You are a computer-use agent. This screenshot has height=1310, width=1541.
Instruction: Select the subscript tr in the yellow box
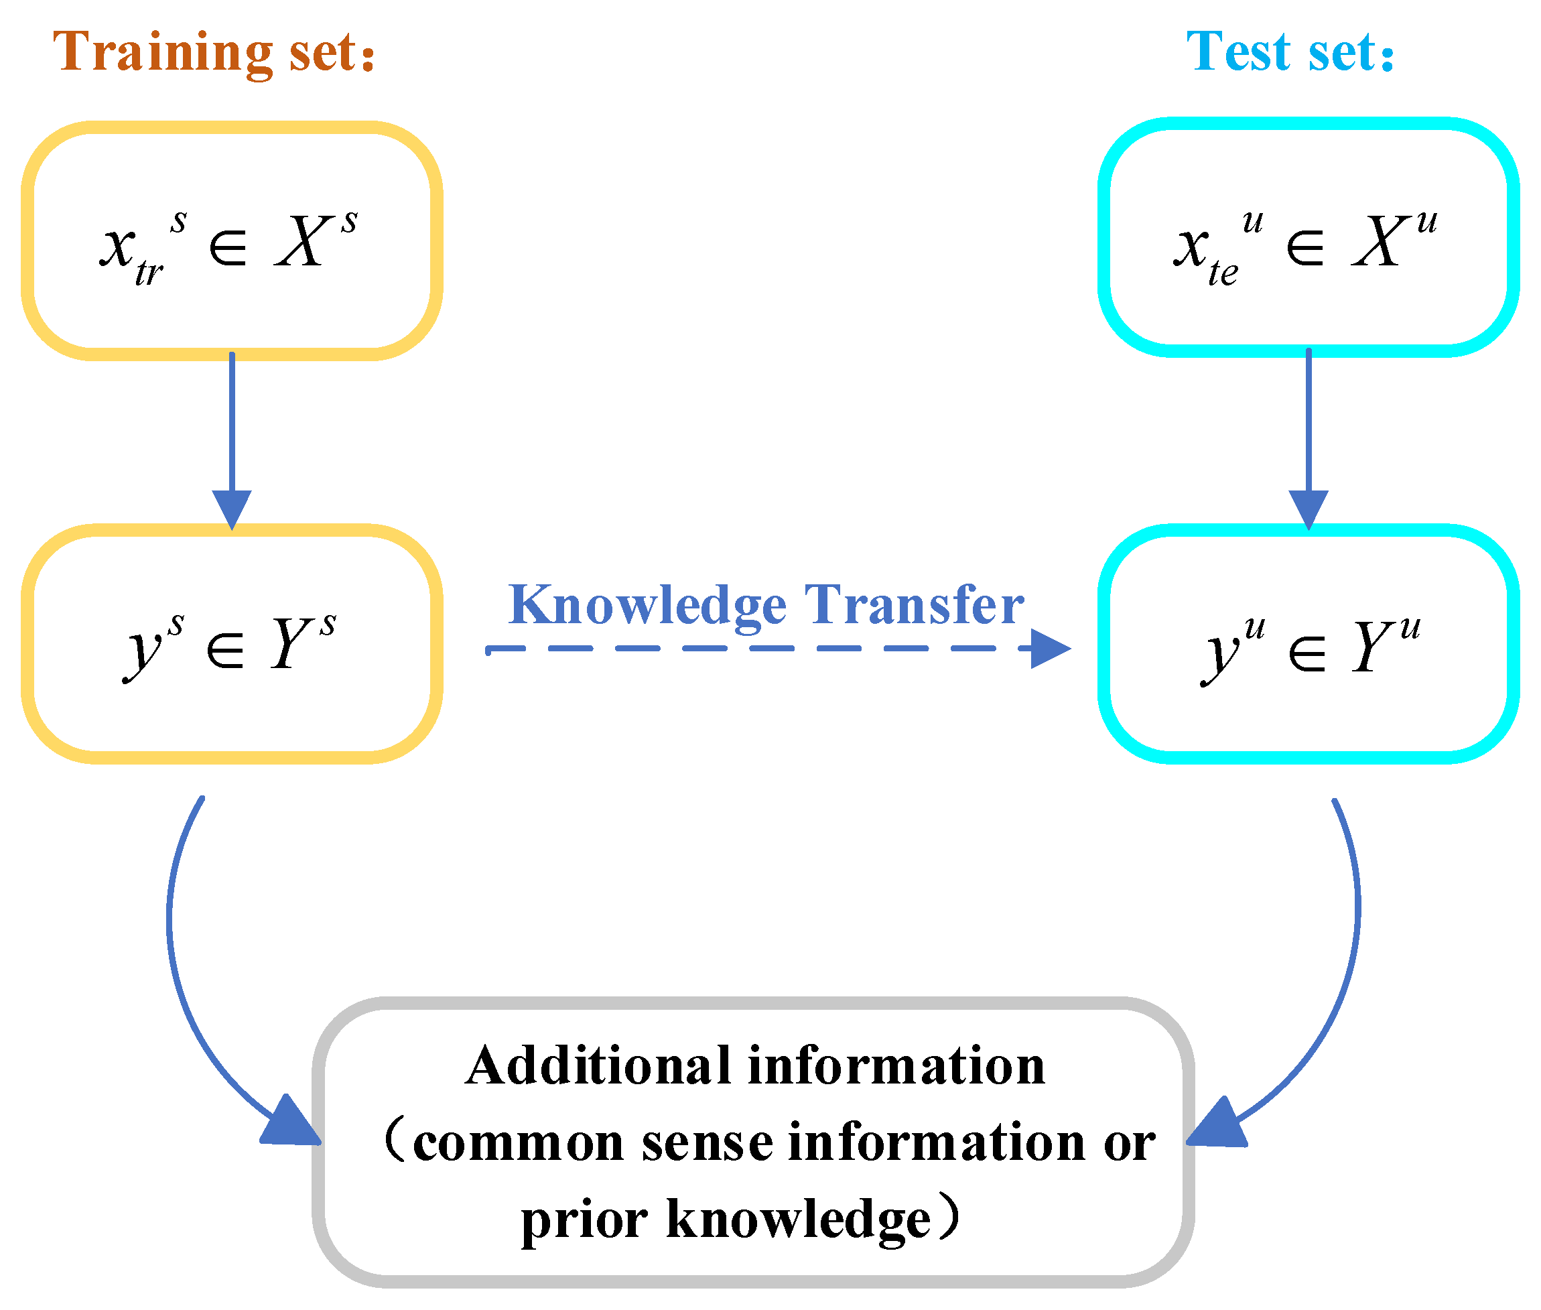pos(149,273)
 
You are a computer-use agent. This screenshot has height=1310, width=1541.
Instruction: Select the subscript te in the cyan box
pos(1222,273)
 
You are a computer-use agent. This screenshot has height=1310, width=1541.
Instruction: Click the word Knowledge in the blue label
pos(647,606)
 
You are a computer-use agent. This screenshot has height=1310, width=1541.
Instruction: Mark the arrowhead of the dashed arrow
pos(1049,649)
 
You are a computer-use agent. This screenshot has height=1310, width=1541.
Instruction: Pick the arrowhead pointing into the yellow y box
pos(232,508)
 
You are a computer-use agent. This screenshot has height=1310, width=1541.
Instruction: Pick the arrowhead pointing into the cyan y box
pos(1308,508)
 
